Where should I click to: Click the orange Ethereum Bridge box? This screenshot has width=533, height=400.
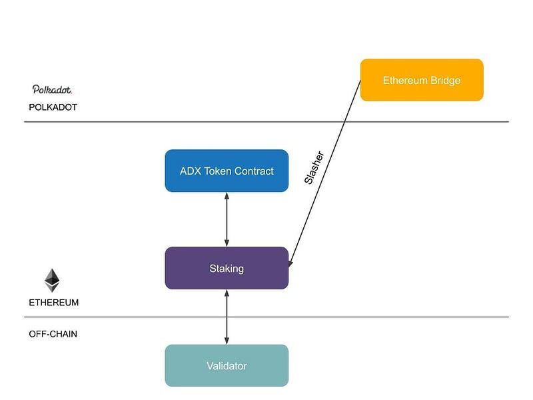pyautogui.click(x=421, y=80)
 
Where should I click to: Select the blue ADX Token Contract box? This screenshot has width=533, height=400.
pyautogui.click(x=227, y=171)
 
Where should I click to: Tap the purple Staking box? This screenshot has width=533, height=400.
pyautogui.click(x=227, y=268)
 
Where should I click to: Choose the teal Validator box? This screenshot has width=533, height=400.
pyautogui.click(x=227, y=365)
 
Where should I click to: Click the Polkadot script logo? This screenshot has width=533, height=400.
pyautogui.click(x=52, y=89)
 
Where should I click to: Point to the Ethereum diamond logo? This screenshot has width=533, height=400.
pyautogui.click(x=52, y=280)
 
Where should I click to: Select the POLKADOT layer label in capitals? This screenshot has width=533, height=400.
pyautogui.click(x=53, y=107)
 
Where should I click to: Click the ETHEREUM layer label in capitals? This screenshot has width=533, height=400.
pyautogui.click(x=53, y=302)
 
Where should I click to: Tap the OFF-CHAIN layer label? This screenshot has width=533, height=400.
pyautogui.click(x=53, y=333)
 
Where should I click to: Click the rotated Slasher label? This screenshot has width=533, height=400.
pyautogui.click(x=314, y=167)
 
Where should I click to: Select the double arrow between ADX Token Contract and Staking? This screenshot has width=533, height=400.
pyautogui.click(x=227, y=219)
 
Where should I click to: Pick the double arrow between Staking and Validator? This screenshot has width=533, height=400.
pyautogui.click(x=227, y=317)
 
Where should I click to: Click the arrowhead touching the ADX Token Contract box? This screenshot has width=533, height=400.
pyautogui.click(x=227, y=196)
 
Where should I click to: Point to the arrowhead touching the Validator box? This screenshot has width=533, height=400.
pyautogui.click(x=227, y=341)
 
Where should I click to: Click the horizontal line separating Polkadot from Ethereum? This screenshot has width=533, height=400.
pyautogui.click(x=266, y=122)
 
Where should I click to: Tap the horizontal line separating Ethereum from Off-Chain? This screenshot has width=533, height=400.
pyautogui.click(x=266, y=317)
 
